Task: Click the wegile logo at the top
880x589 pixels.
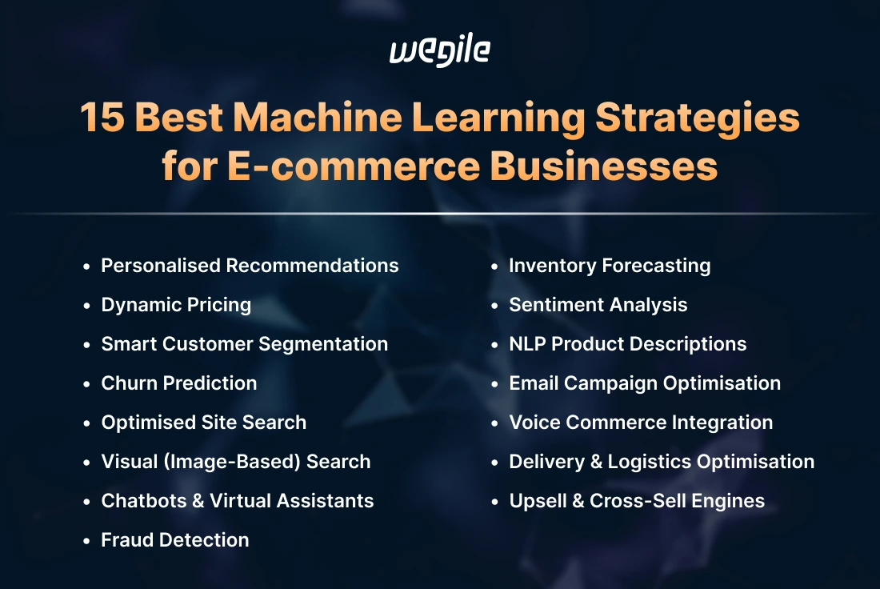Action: pos(439,52)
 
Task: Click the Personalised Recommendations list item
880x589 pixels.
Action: pos(250,265)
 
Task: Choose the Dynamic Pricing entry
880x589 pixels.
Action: pos(176,305)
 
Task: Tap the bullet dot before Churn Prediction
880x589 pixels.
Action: pos(86,383)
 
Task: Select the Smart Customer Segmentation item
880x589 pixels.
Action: pos(244,344)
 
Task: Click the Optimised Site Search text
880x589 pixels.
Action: pos(203,423)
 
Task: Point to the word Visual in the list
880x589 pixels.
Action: pos(127,462)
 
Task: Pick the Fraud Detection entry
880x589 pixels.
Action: pos(174,540)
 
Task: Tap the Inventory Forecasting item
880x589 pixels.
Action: pos(610,265)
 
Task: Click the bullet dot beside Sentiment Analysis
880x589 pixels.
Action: pos(494,305)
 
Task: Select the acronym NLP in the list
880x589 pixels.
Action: pos(527,344)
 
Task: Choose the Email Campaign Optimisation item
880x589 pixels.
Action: pos(645,383)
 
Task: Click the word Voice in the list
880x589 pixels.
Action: pos(534,423)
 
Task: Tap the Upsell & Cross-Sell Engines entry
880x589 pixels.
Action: pos(637,501)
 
